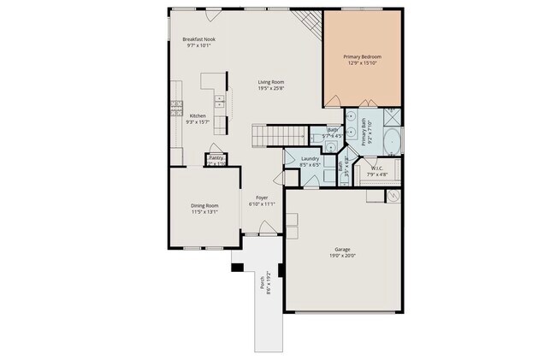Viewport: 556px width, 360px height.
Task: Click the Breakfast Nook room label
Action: (x=198, y=39)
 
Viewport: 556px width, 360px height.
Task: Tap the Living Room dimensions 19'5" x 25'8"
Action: (x=271, y=89)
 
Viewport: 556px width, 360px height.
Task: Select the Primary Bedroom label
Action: (x=363, y=57)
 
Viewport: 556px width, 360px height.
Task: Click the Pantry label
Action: (x=216, y=157)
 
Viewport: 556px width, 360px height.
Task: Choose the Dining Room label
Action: (x=204, y=205)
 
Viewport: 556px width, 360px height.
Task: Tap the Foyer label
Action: (x=262, y=198)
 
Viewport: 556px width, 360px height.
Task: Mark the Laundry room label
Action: (x=310, y=158)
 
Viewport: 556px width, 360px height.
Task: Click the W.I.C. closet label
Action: (x=377, y=168)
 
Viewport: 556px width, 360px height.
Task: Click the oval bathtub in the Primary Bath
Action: (x=391, y=140)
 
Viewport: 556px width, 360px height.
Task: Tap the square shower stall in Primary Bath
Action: (x=393, y=117)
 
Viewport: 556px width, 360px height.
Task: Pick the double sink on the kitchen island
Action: (x=220, y=104)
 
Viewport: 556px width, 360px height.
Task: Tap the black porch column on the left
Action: (x=236, y=266)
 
